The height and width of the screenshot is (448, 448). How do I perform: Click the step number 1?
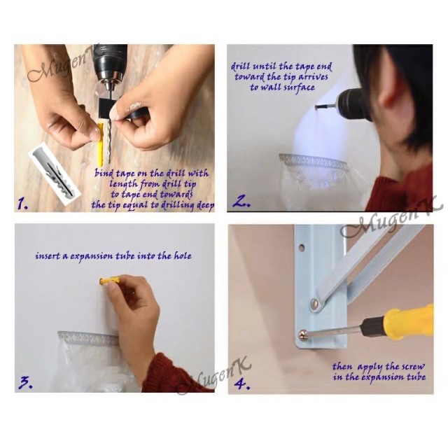pos(22,204)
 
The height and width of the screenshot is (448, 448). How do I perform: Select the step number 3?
pos(26,383)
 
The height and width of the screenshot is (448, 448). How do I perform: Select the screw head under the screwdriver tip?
pos(303,335)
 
